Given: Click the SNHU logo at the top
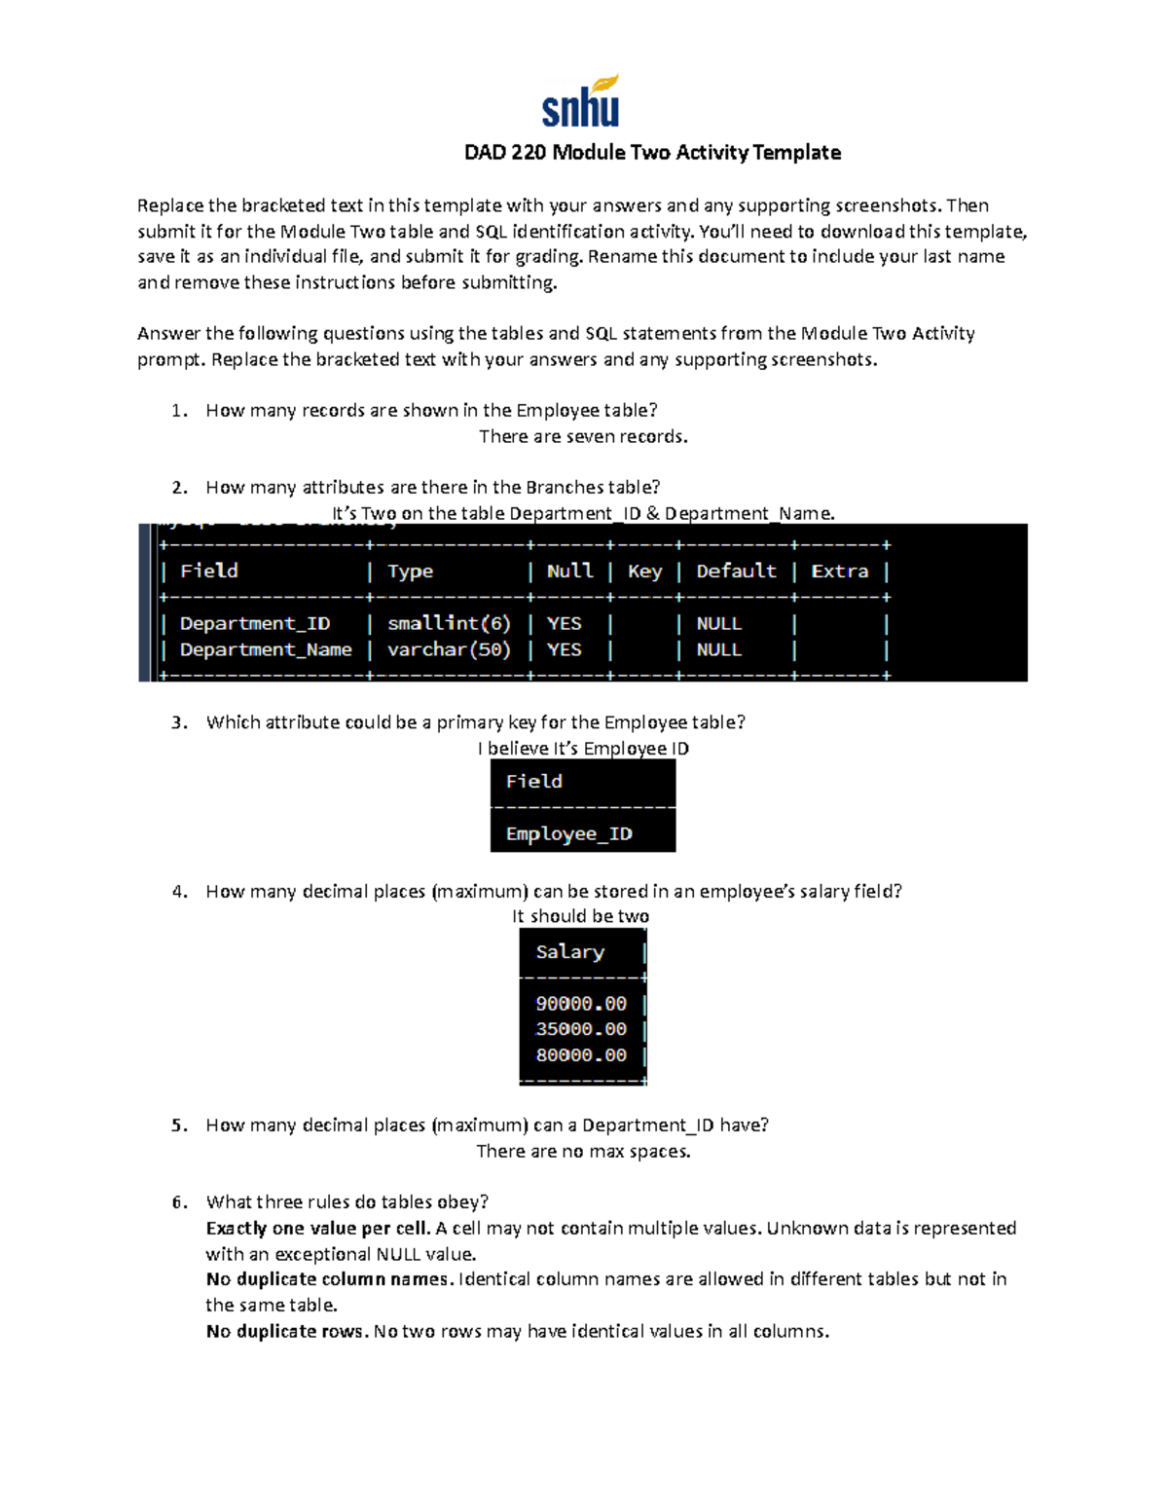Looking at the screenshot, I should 581,101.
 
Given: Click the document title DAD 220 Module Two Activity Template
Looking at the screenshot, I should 652,153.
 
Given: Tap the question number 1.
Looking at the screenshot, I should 178,411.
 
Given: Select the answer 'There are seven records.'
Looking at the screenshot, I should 583,437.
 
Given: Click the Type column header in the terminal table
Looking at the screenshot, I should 410,572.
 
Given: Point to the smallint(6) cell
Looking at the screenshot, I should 449,623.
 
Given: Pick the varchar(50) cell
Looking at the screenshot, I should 449,649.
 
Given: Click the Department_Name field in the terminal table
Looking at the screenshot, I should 266,649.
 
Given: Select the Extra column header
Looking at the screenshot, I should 839,572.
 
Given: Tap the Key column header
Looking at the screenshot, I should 644,572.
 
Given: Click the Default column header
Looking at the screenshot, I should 736,572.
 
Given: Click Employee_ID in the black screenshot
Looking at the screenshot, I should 568,834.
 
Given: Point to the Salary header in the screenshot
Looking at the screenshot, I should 569,952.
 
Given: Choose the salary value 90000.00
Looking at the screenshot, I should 581,1004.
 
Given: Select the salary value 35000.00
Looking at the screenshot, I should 581,1029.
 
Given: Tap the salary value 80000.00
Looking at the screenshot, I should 581,1055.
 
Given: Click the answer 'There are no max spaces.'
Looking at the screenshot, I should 583,1152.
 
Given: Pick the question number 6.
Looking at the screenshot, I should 178,1202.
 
